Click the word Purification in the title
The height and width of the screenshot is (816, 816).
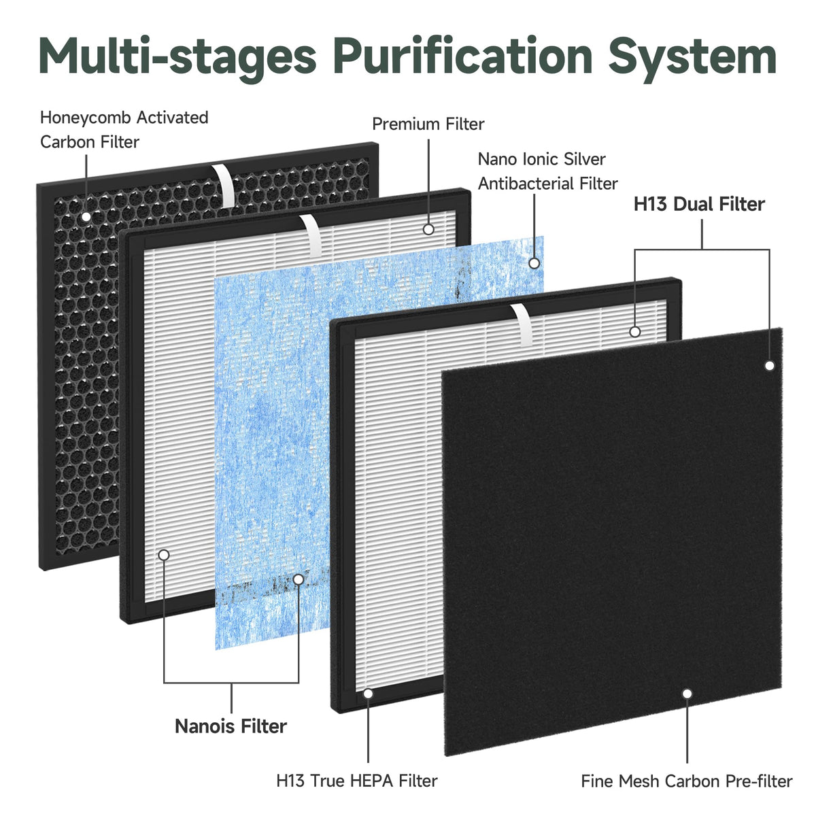pyautogui.click(x=463, y=56)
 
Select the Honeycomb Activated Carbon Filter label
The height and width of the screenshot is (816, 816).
pyautogui.click(x=124, y=130)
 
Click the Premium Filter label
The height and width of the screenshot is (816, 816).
pyautogui.click(x=428, y=124)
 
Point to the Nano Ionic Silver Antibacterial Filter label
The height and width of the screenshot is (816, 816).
pyautogui.click(x=547, y=171)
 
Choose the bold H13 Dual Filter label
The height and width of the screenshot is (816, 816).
pyautogui.click(x=699, y=204)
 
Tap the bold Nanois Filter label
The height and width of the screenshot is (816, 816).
pyautogui.click(x=231, y=726)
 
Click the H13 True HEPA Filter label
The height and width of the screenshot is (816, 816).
pyautogui.click(x=356, y=781)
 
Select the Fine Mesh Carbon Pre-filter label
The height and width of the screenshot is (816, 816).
pyautogui.click(x=686, y=781)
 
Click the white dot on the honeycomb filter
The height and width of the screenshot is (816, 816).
pyautogui.click(x=86, y=216)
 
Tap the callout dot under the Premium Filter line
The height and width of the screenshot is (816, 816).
pyautogui.click(x=428, y=230)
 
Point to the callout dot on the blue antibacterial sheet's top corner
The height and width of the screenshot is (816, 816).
pyautogui.click(x=534, y=263)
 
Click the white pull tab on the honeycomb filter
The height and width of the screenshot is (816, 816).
pyautogui.click(x=224, y=185)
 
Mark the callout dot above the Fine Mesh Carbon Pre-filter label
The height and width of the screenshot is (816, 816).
pyautogui.click(x=687, y=694)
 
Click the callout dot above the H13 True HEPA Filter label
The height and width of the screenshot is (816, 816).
pyautogui.click(x=368, y=694)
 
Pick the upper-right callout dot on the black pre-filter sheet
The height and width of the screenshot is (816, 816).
pyautogui.click(x=770, y=365)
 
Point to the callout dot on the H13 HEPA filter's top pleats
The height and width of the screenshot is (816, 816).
pyautogui.click(x=634, y=332)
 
